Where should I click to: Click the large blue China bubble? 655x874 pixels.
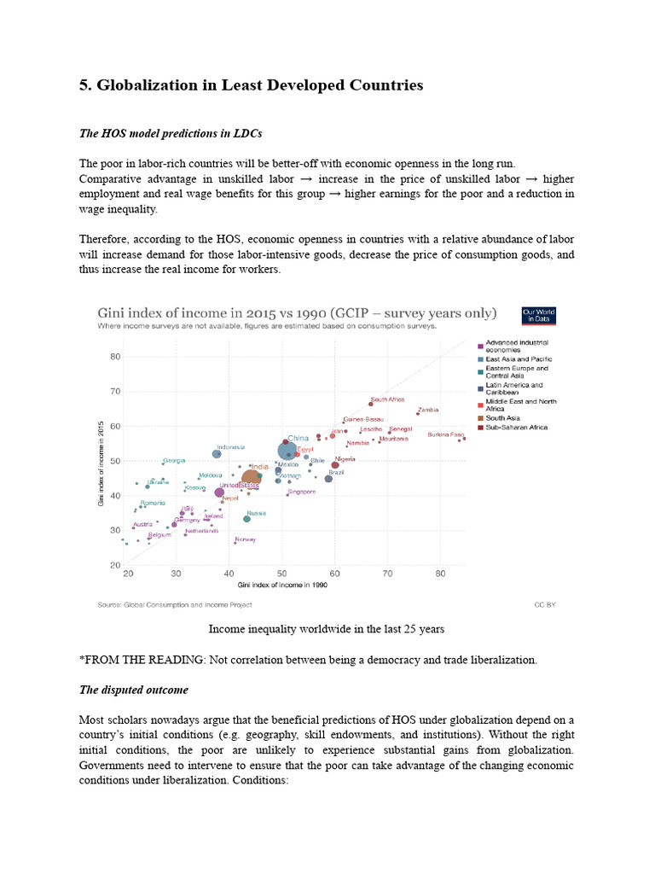(x=287, y=451)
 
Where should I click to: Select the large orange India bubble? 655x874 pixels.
(x=251, y=480)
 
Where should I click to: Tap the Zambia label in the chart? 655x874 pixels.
(x=428, y=410)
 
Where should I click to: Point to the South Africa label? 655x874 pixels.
(x=388, y=399)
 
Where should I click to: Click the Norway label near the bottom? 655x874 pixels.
(x=246, y=539)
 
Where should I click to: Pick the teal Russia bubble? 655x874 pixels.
(x=247, y=519)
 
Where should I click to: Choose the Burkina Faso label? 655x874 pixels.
(x=445, y=434)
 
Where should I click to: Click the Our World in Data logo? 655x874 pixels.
(x=538, y=315)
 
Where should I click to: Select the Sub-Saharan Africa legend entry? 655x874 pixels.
(x=516, y=427)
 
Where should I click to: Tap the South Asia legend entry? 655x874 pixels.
(x=502, y=418)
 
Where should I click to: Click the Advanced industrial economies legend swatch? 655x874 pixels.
(x=480, y=345)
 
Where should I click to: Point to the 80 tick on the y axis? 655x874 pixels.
(x=115, y=357)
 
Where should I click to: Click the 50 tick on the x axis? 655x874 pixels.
(x=281, y=574)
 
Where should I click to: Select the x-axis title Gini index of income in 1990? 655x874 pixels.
(x=283, y=586)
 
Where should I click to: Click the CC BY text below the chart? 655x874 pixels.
(x=544, y=603)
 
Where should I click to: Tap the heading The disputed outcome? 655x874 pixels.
(x=134, y=690)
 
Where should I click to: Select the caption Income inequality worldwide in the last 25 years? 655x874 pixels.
(x=327, y=629)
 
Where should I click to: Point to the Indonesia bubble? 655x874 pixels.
(x=217, y=454)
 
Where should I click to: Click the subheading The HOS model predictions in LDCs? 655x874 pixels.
(x=170, y=134)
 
